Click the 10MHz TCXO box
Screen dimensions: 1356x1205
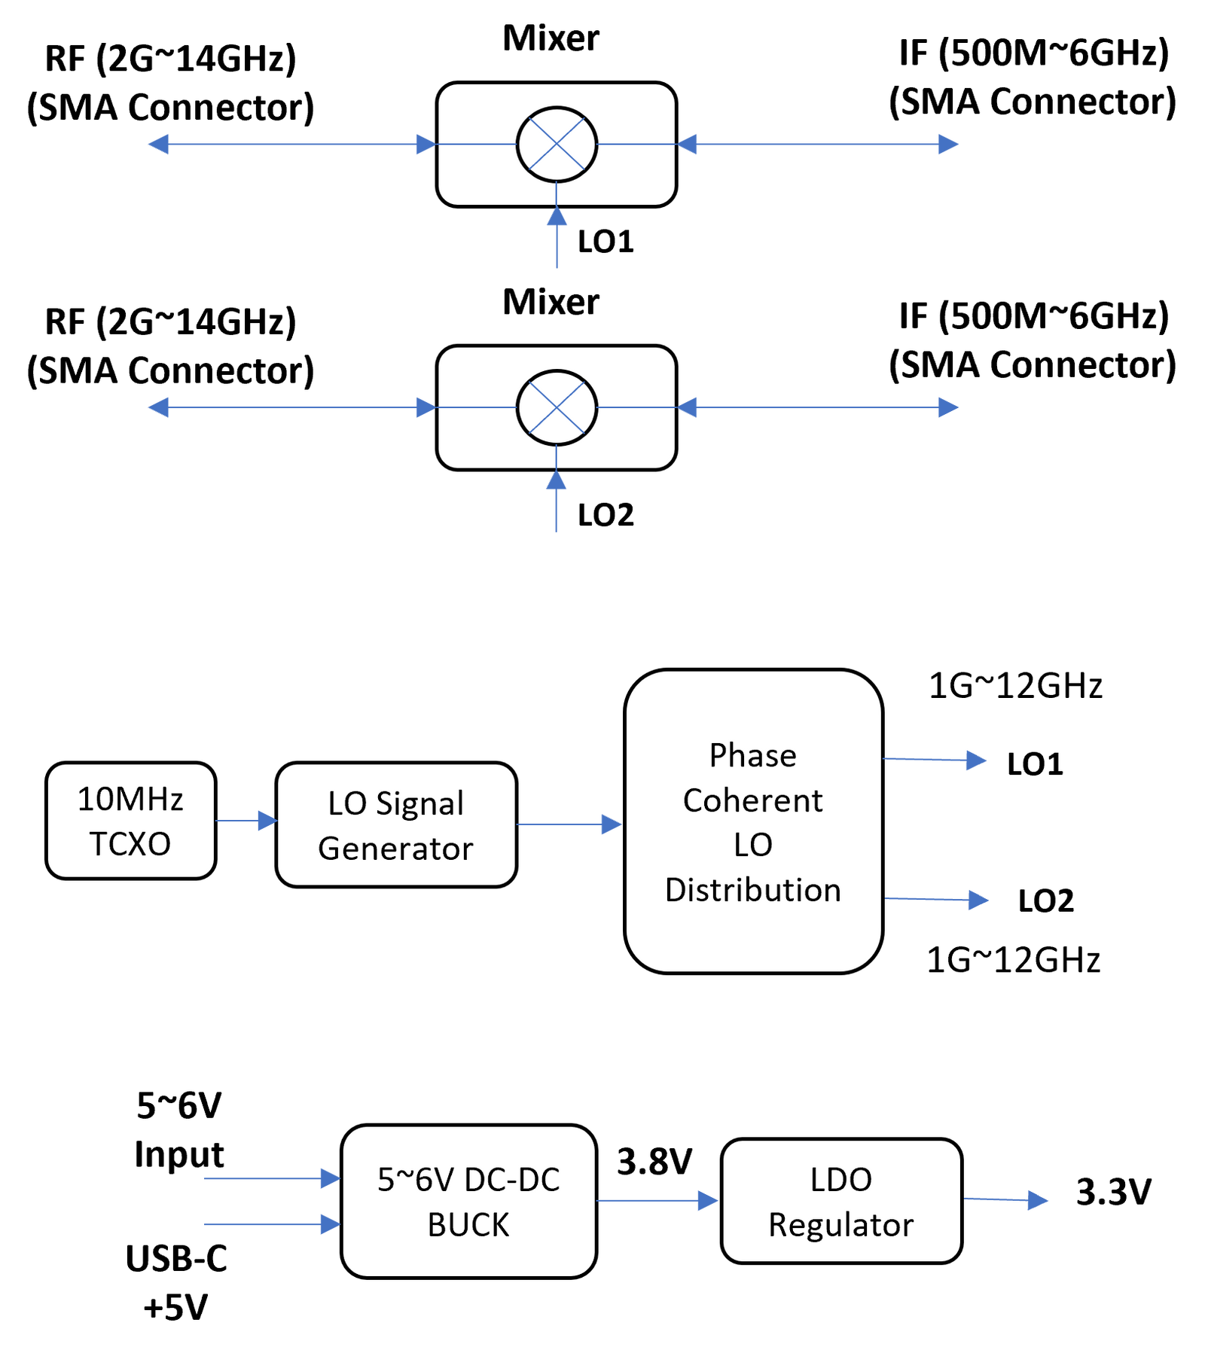click(x=130, y=821)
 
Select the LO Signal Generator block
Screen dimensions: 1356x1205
click(x=396, y=824)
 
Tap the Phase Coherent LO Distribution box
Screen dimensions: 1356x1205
click(x=753, y=821)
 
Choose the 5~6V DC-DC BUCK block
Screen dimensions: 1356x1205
click(x=468, y=1201)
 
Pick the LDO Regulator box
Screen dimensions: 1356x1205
click(x=841, y=1201)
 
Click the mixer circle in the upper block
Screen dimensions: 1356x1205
click(x=557, y=144)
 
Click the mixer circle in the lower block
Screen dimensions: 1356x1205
click(x=557, y=407)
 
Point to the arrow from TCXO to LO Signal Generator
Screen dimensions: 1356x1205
click(x=246, y=821)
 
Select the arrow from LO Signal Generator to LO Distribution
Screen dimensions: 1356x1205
click(x=570, y=824)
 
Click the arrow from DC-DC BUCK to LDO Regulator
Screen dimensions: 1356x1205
click(x=657, y=1200)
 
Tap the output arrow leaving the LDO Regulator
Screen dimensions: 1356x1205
click(x=1006, y=1199)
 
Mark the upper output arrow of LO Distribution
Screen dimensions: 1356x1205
click(x=935, y=760)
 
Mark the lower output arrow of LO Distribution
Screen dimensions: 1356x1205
click(x=938, y=899)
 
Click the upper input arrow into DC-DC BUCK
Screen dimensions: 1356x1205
click(x=271, y=1178)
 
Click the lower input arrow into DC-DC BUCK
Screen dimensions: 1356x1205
click(x=271, y=1223)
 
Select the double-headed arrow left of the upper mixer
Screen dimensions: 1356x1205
click(x=291, y=144)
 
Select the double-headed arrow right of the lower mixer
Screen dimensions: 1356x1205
click(x=819, y=407)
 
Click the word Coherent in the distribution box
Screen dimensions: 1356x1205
click(x=752, y=800)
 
